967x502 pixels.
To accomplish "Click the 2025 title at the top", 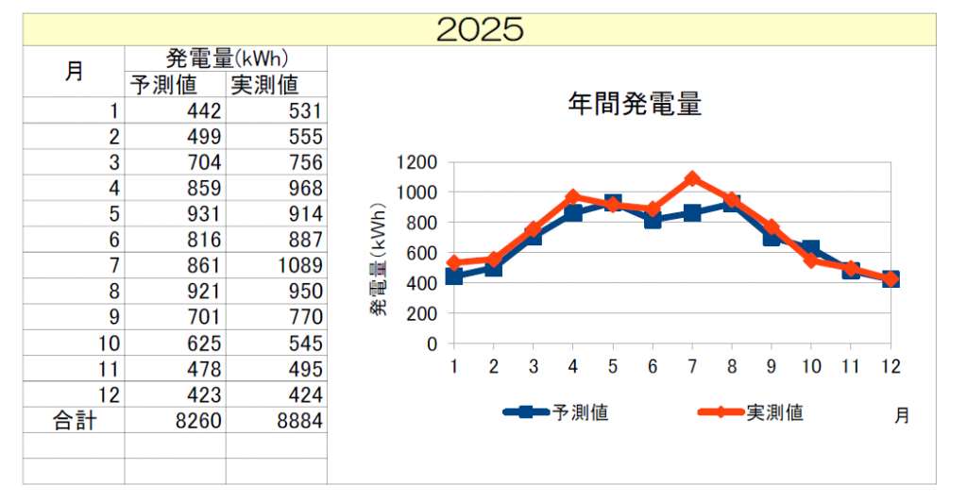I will (x=480, y=29).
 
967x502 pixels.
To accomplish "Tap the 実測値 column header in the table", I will (x=264, y=85).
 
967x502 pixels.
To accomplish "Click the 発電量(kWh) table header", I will (x=227, y=59).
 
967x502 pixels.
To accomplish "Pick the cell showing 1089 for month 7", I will (x=298, y=266).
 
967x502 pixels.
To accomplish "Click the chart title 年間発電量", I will (x=635, y=104).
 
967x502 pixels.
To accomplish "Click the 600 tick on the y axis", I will (x=422, y=253).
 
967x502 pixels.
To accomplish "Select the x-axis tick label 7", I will (x=692, y=366).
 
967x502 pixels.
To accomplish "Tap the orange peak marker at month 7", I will (x=692, y=179).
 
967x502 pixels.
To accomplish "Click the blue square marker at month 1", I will (x=454, y=276).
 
